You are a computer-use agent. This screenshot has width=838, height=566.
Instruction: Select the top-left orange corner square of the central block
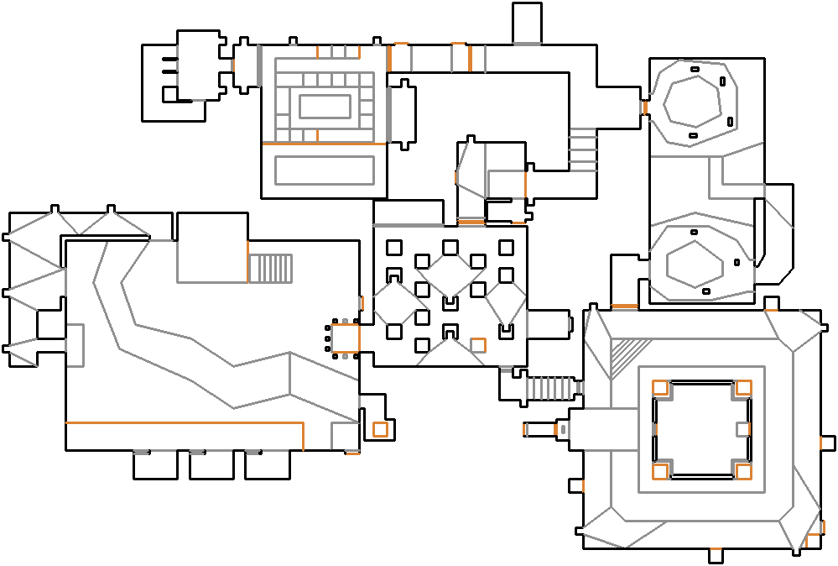[x=660, y=387]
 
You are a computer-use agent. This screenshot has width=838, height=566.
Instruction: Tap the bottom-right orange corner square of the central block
[x=743, y=471]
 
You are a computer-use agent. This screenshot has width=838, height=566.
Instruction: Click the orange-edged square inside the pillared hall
[x=478, y=344]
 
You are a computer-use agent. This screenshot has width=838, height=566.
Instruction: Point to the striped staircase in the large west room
[x=271, y=268]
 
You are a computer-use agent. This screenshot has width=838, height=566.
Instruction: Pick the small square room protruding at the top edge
[x=526, y=22]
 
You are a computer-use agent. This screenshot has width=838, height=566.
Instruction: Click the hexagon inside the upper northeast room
[x=693, y=102]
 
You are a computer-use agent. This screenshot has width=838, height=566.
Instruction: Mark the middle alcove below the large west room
[x=210, y=465]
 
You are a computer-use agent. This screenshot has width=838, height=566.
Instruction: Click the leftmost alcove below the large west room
[x=154, y=465]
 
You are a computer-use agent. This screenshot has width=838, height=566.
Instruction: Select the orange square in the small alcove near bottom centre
[x=380, y=429]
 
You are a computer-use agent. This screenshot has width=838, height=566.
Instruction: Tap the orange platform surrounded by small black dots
[x=343, y=338]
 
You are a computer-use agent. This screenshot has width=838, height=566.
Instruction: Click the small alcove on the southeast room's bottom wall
[x=716, y=555]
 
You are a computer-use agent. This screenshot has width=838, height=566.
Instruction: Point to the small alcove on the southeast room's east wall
[x=828, y=443]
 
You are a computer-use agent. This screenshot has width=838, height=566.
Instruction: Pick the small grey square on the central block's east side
[x=742, y=429]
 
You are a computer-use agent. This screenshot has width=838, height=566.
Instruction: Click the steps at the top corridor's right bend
[x=582, y=149]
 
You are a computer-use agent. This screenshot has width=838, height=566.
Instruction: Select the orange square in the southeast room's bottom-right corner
[x=812, y=540]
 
